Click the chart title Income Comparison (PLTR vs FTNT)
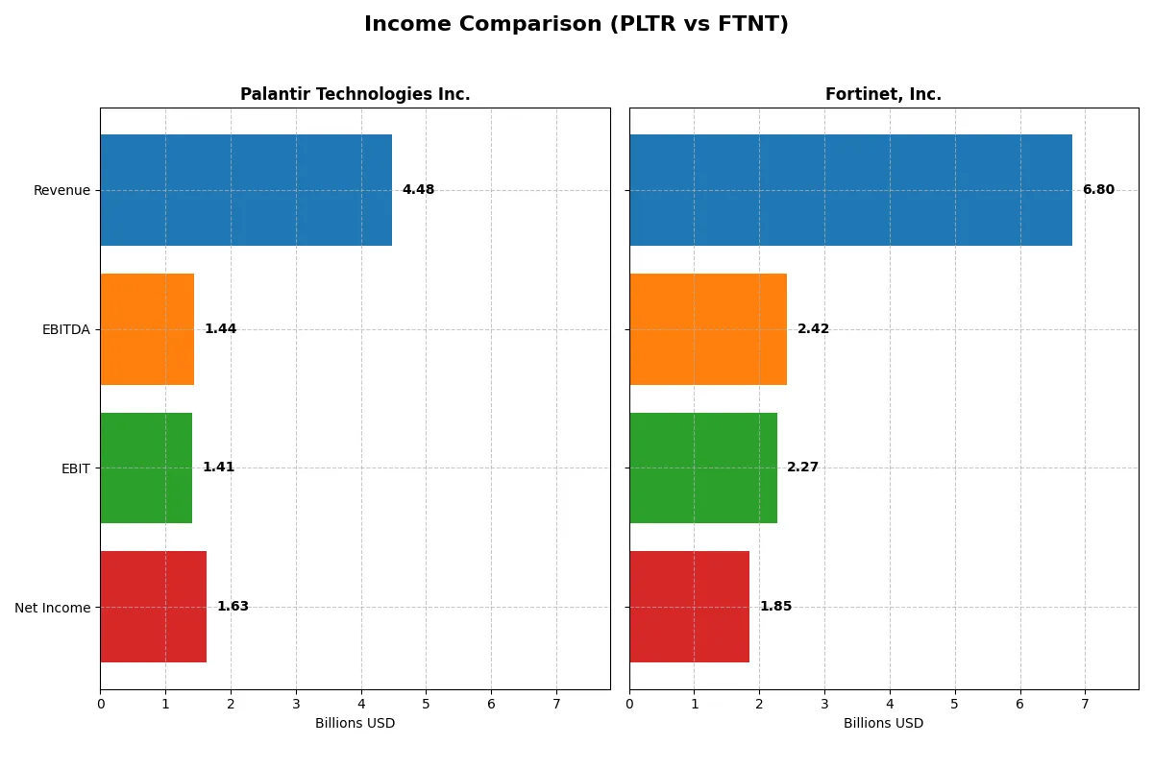[576, 25]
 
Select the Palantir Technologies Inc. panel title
[355, 94]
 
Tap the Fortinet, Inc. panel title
[883, 94]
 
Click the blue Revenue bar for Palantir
[246, 190]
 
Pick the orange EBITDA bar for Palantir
[147, 329]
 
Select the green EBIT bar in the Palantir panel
[146, 468]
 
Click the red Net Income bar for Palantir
[153, 607]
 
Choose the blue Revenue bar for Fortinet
[850, 190]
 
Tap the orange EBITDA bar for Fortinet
[708, 329]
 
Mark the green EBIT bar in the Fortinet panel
[703, 468]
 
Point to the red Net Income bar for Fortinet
[689, 607]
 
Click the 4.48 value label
[418, 190]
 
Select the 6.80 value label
[1098, 190]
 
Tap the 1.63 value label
[233, 607]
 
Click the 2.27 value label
[802, 468]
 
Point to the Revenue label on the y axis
[61, 190]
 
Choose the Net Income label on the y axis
[53, 607]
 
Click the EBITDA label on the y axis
[65, 329]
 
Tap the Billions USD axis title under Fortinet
[883, 723]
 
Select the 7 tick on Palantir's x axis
[556, 704]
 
